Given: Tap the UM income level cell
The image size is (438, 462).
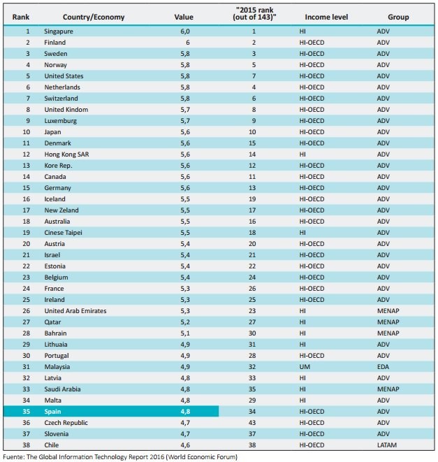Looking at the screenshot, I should pyautogui.click(x=305, y=367).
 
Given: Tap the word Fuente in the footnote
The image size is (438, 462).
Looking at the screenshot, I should pyautogui.click(x=13, y=457).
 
